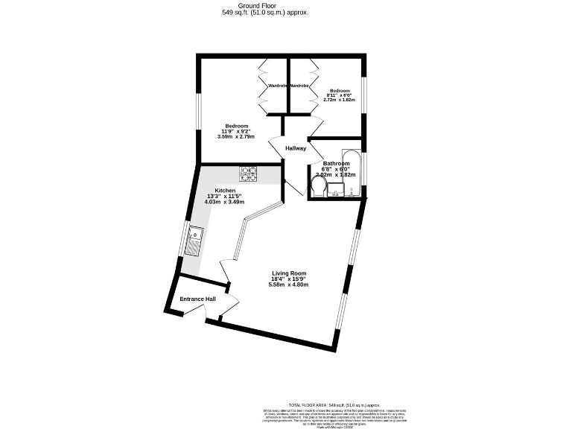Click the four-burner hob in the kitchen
pos(248,174)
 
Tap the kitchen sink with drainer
pos(194,240)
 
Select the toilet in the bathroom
pos(317,191)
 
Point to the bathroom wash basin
pos(336,191)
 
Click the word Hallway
pos(296,149)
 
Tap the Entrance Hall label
pos(197,299)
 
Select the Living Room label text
pos(288,273)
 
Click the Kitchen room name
pos(225,191)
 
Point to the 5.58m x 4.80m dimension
pos(288,285)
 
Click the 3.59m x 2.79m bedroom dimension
pos(236,137)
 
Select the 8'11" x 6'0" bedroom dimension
pos(340,95)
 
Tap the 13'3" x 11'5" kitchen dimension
pos(225,197)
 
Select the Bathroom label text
pos(337,164)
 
